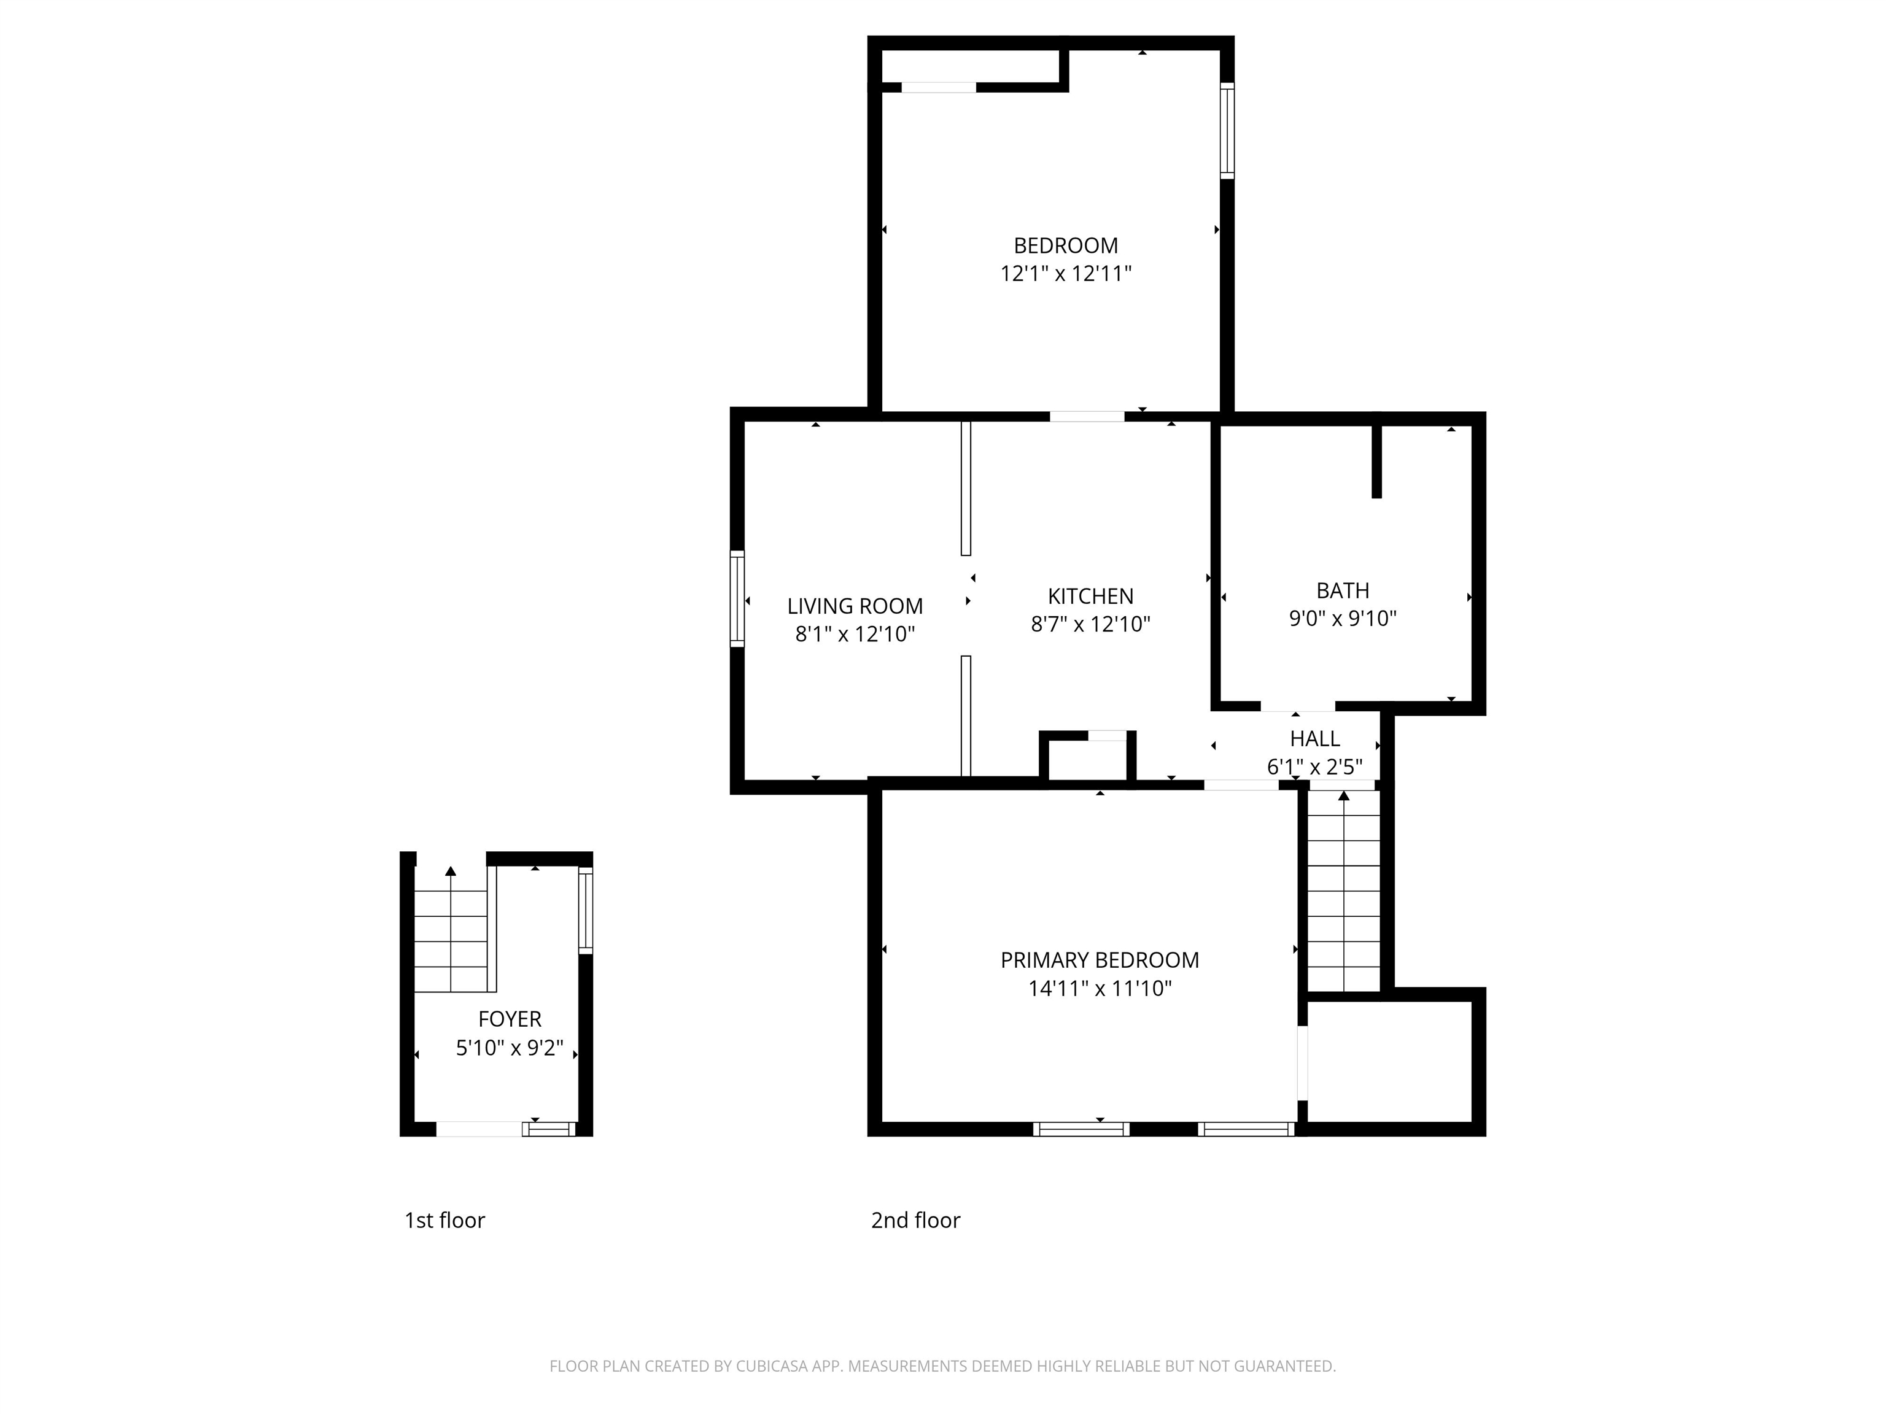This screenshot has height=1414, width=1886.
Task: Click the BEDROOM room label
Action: pos(1065,245)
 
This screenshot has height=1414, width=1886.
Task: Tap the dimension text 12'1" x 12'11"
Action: pos(1065,274)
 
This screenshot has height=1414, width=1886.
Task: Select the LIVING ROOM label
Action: pos(855,606)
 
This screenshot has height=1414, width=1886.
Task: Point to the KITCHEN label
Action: pos(1090,596)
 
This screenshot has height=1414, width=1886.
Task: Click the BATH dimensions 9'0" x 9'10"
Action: pos(1342,618)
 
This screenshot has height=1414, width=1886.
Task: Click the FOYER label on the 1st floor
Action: pos(509,1019)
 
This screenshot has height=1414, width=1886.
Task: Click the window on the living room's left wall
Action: pos(737,598)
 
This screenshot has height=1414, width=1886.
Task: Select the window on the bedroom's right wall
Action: pos(1226,130)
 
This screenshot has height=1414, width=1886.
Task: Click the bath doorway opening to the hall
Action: pos(1297,706)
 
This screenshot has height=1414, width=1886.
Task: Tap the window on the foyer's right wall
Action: pos(585,910)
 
